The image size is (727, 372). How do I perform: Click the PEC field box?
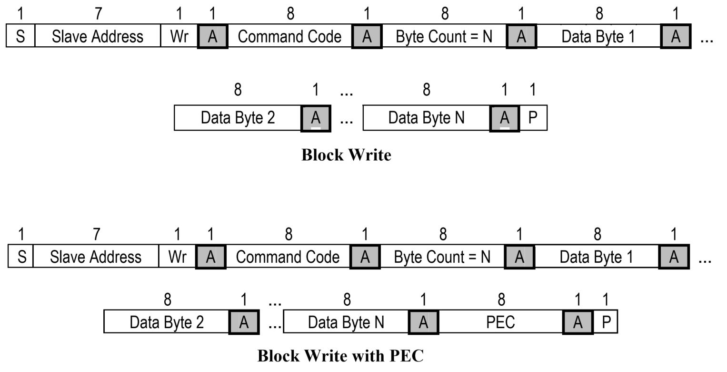(500, 322)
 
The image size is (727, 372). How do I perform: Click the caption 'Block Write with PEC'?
(340, 356)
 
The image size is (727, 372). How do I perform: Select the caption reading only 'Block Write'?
(346, 155)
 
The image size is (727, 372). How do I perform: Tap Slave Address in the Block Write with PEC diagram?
(96, 257)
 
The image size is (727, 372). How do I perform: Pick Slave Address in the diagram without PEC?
(98, 37)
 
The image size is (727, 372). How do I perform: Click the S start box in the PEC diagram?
(21, 257)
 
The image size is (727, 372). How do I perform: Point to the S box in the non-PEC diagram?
(20, 37)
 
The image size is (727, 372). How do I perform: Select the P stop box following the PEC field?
(606, 322)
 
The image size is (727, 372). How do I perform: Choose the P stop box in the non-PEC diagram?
(533, 118)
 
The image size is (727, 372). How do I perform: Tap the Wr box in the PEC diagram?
(177, 257)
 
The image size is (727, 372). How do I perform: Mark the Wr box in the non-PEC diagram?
(179, 37)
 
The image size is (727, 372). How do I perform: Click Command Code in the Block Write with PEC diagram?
(288, 257)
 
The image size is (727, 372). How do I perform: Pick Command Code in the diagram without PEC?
(289, 37)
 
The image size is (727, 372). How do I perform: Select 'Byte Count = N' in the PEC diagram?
(442, 257)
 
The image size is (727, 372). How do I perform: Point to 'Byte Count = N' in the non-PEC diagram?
(444, 37)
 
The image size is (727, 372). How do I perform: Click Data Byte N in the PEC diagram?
(346, 322)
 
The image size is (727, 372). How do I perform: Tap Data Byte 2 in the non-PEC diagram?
(238, 118)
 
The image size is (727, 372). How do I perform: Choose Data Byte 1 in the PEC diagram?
(597, 257)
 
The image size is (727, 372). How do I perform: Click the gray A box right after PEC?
(578, 322)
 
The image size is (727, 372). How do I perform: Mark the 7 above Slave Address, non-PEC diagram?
(98, 14)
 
